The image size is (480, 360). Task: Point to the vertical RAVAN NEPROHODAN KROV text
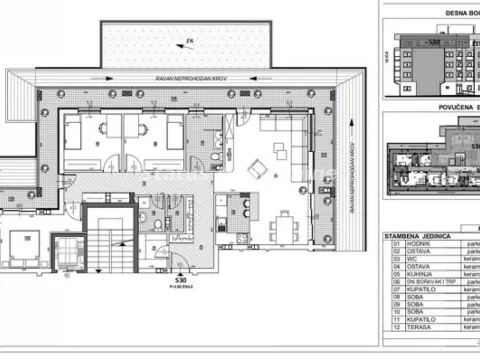(353, 170)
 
